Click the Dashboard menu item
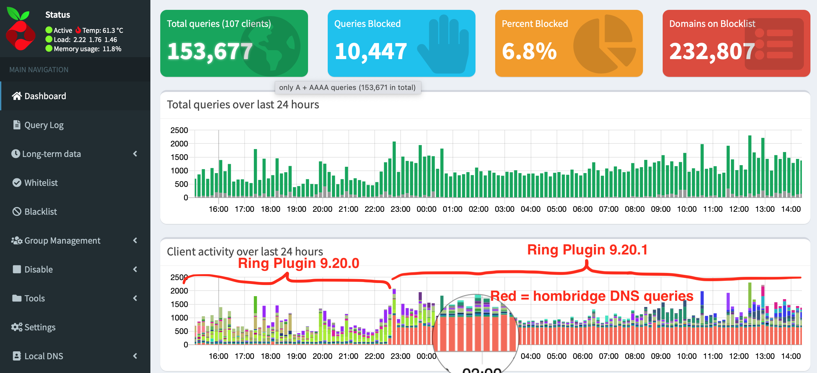[x=45, y=96]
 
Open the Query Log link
[x=44, y=125]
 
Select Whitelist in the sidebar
[x=41, y=183]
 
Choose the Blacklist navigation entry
[x=40, y=211]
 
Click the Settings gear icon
[x=16, y=327]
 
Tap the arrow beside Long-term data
[x=135, y=154]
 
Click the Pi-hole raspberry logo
[x=20, y=30]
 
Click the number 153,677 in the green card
[x=210, y=52]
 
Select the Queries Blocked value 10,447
[x=371, y=52]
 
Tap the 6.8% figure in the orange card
[x=529, y=52]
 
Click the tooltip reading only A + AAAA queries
[x=347, y=87]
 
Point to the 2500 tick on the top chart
[x=179, y=130]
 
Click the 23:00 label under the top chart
[x=400, y=209]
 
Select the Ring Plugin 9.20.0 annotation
[x=298, y=263]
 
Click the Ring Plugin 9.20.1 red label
[x=587, y=250]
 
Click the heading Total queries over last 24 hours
[x=243, y=104]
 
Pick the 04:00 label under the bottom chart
[x=530, y=356]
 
